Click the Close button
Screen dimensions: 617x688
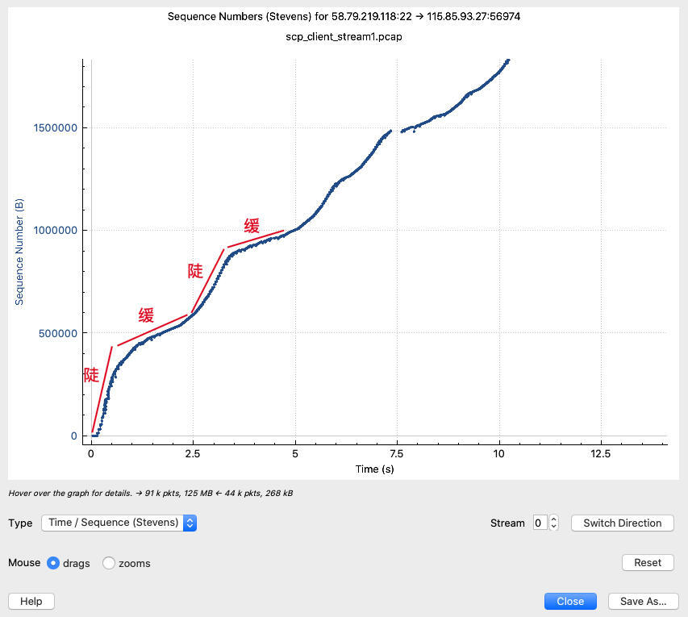(570, 601)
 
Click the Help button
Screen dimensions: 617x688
(31, 601)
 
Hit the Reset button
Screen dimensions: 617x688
(647, 562)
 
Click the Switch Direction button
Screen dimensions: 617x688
(622, 523)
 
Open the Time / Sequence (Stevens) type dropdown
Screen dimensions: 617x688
(119, 523)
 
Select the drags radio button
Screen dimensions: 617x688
(53, 563)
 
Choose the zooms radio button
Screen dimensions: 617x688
(109, 563)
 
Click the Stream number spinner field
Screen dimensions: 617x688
(540, 523)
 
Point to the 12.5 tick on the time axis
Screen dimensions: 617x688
(601, 453)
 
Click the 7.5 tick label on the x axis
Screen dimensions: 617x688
(397, 453)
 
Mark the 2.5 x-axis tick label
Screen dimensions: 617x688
(193, 453)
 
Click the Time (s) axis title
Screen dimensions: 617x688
(374, 469)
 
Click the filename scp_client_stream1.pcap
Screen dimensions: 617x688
(344, 36)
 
